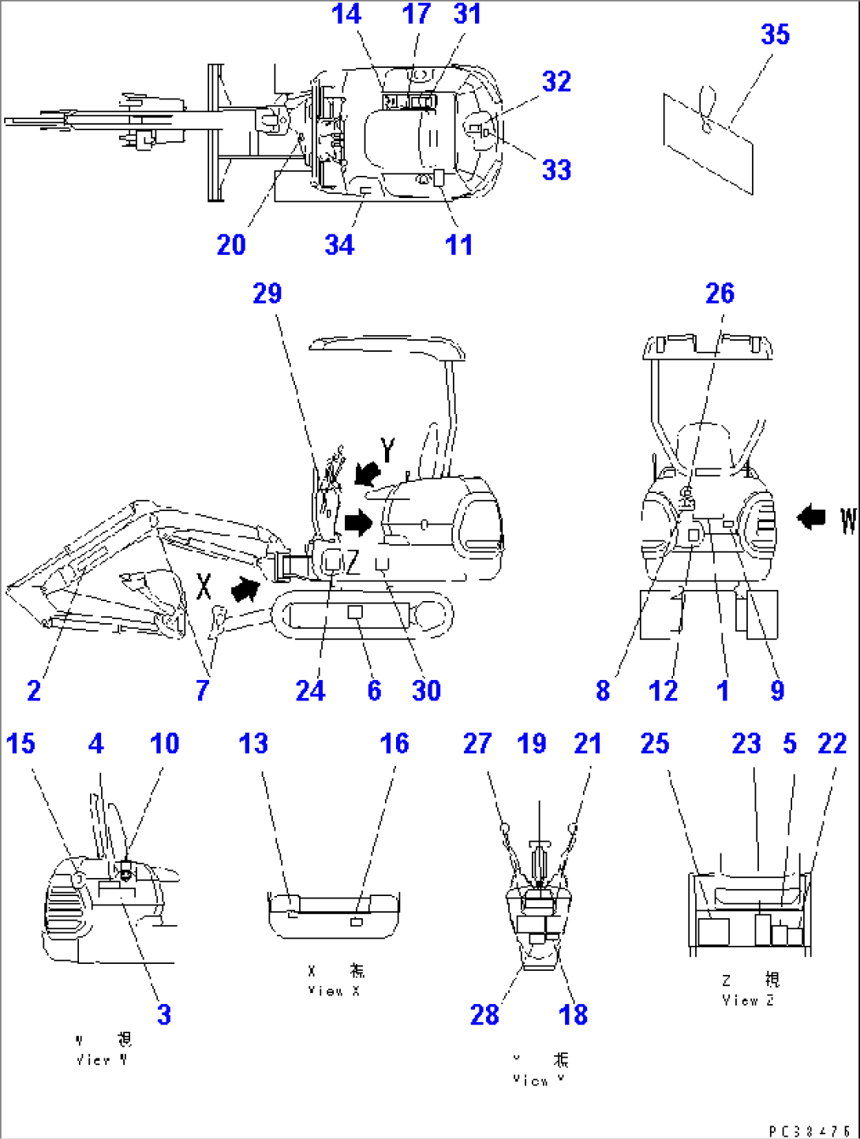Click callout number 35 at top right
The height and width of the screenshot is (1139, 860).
775,35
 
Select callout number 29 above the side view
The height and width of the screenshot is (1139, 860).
267,294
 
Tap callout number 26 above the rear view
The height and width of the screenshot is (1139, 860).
720,294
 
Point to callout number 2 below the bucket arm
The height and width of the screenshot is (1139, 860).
34,691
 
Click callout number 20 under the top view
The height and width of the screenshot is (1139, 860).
231,245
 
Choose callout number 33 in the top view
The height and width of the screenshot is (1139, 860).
556,170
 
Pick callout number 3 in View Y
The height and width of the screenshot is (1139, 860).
164,1014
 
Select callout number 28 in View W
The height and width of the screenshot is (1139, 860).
484,1014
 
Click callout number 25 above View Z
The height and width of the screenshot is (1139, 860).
655,744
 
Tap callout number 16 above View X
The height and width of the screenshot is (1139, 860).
394,744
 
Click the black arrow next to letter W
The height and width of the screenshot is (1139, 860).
811,518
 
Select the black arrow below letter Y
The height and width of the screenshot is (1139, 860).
367,473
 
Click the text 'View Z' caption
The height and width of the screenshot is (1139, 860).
747,1000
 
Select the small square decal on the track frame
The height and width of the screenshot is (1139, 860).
355,612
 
